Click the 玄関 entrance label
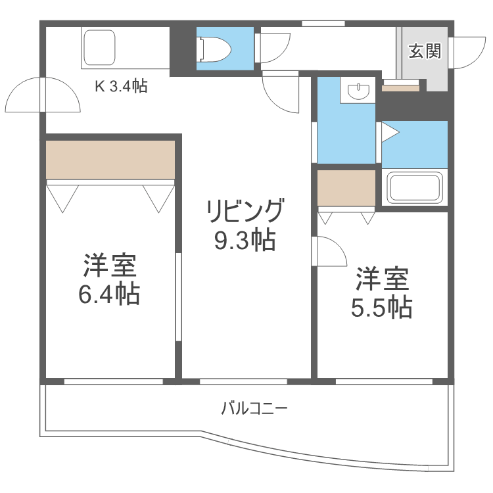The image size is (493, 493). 424,51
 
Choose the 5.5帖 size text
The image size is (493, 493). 381,307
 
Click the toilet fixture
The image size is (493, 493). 215,47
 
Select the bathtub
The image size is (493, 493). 415,188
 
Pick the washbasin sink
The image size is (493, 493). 359,91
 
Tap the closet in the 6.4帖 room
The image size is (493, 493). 110,158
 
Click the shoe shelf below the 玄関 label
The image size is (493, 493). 400,87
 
